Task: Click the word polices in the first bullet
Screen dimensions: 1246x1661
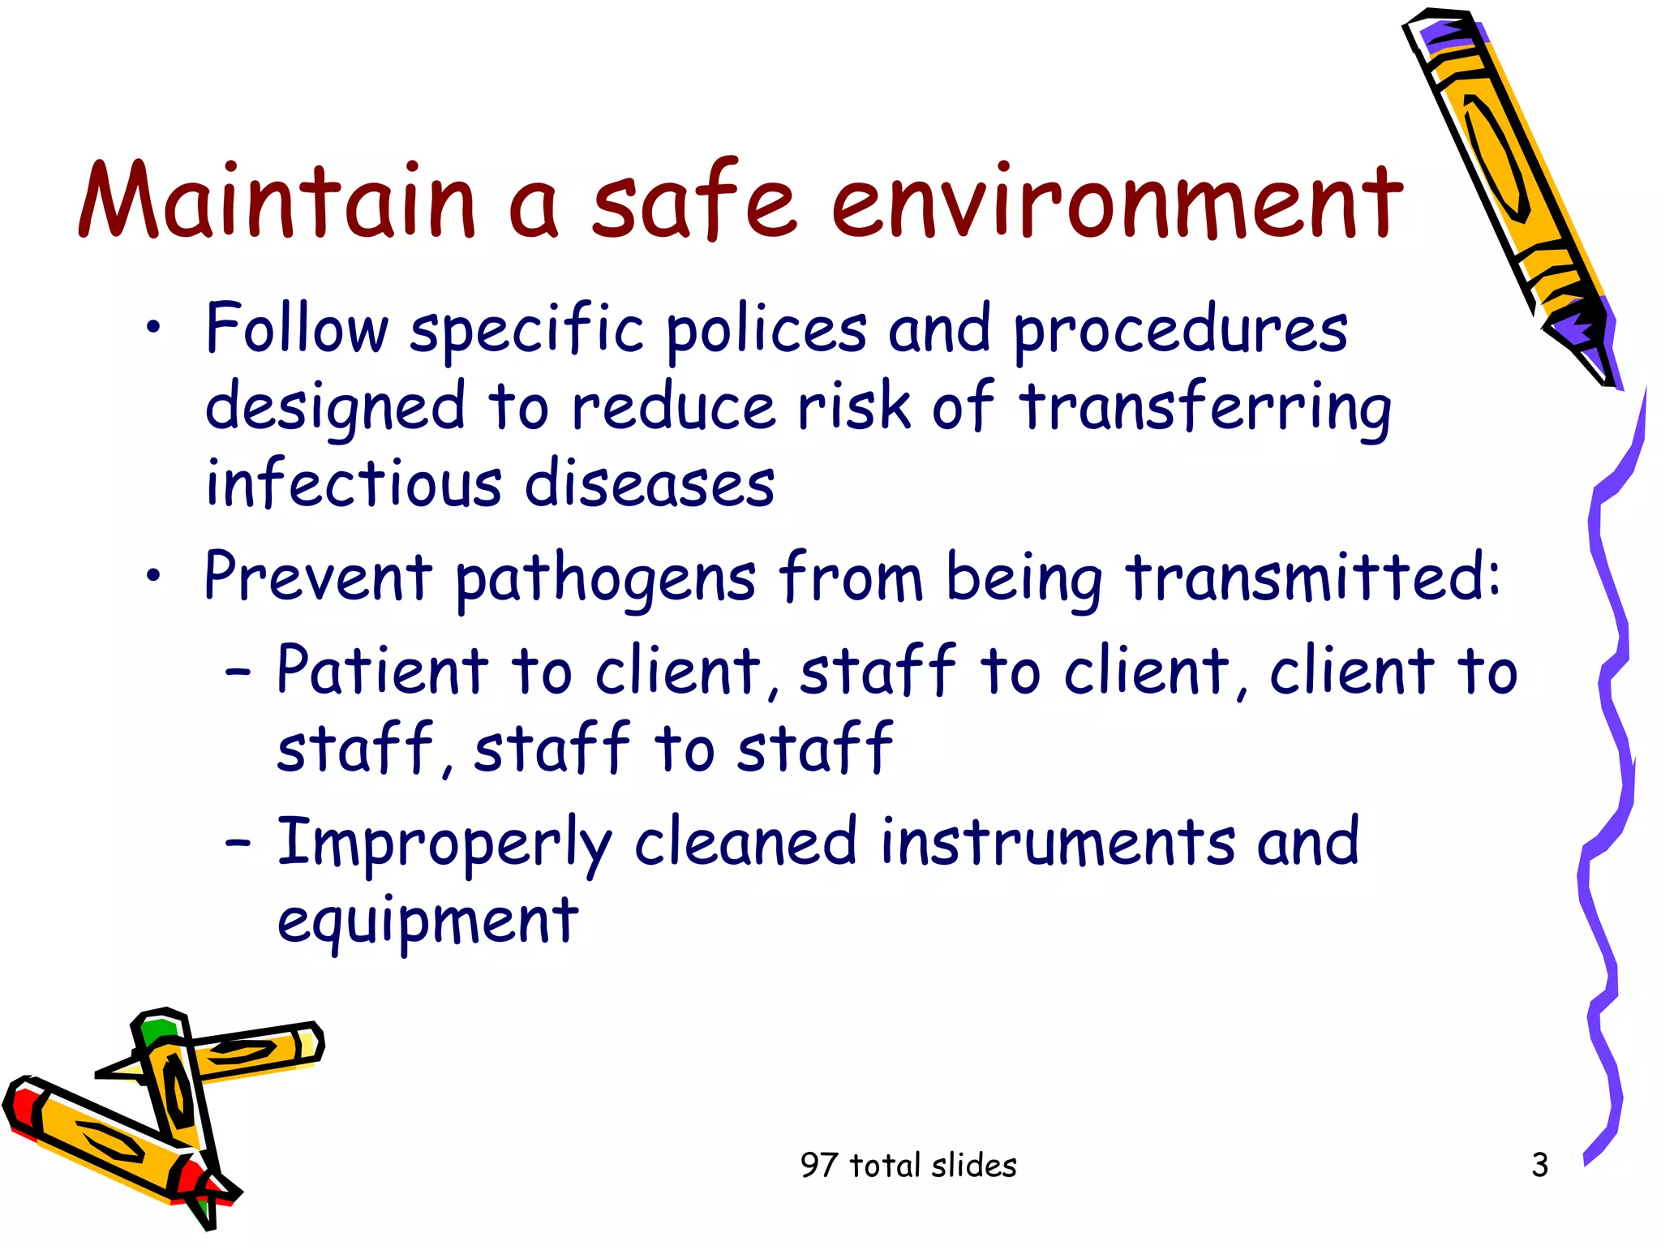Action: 766,331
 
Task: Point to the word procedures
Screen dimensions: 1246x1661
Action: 1180,331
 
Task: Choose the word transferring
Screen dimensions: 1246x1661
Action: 1204,407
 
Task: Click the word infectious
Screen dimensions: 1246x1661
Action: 353,483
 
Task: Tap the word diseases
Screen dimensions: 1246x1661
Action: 650,483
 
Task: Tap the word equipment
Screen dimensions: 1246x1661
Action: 427,923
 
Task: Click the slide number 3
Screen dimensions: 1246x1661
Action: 1539,1165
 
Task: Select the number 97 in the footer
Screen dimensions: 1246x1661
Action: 818,1166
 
